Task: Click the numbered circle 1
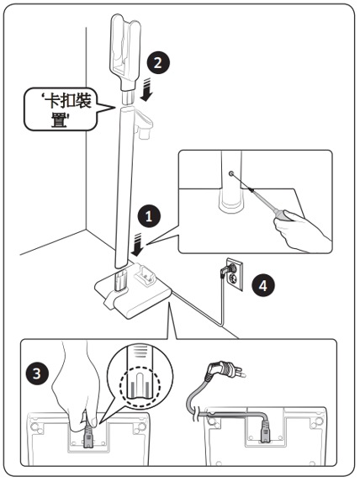click(x=149, y=216)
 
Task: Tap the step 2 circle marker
click(x=158, y=63)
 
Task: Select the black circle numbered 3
click(x=37, y=373)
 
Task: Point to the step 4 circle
click(x=263, y=285)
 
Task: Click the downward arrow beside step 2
click(x=146, y=89)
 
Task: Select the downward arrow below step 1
click(x=137, y=245)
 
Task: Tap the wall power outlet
click(x=235, y=274)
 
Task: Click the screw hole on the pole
click(x=231, y=174)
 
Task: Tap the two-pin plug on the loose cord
click(x=226, y=370)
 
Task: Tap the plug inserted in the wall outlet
click(x=226, y=271)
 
